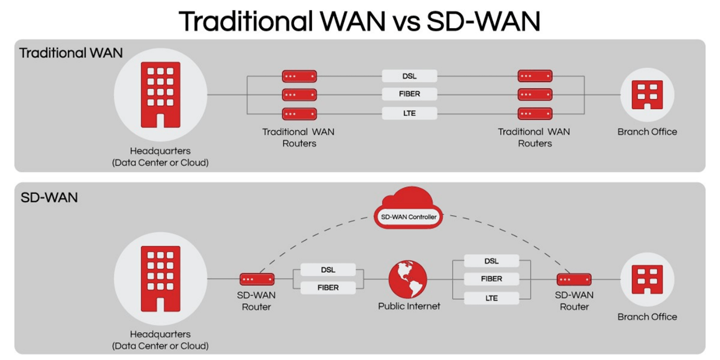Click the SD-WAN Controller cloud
[x=409, y=210]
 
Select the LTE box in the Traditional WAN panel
[x=409, y=113]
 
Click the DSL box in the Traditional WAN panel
[x=409, y=76]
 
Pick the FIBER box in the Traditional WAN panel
[x=409, y=94]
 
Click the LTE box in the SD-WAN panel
[x=491, y=298]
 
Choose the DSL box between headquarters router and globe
[x=328, y=270]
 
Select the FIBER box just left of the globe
[x=328, y=287]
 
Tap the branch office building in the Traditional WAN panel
[x=647, y=94]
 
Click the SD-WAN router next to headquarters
[x=257, y=279]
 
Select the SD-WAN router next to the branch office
[x=574, y=279]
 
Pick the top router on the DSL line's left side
[x=299, y=76]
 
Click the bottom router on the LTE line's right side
[x=535, y=113]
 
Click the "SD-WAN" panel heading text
[x=49, y=197]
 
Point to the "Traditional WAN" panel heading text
[x=71, y=52]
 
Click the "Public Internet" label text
[x=409, y=306]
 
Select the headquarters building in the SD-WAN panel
[x=160, y=279]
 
